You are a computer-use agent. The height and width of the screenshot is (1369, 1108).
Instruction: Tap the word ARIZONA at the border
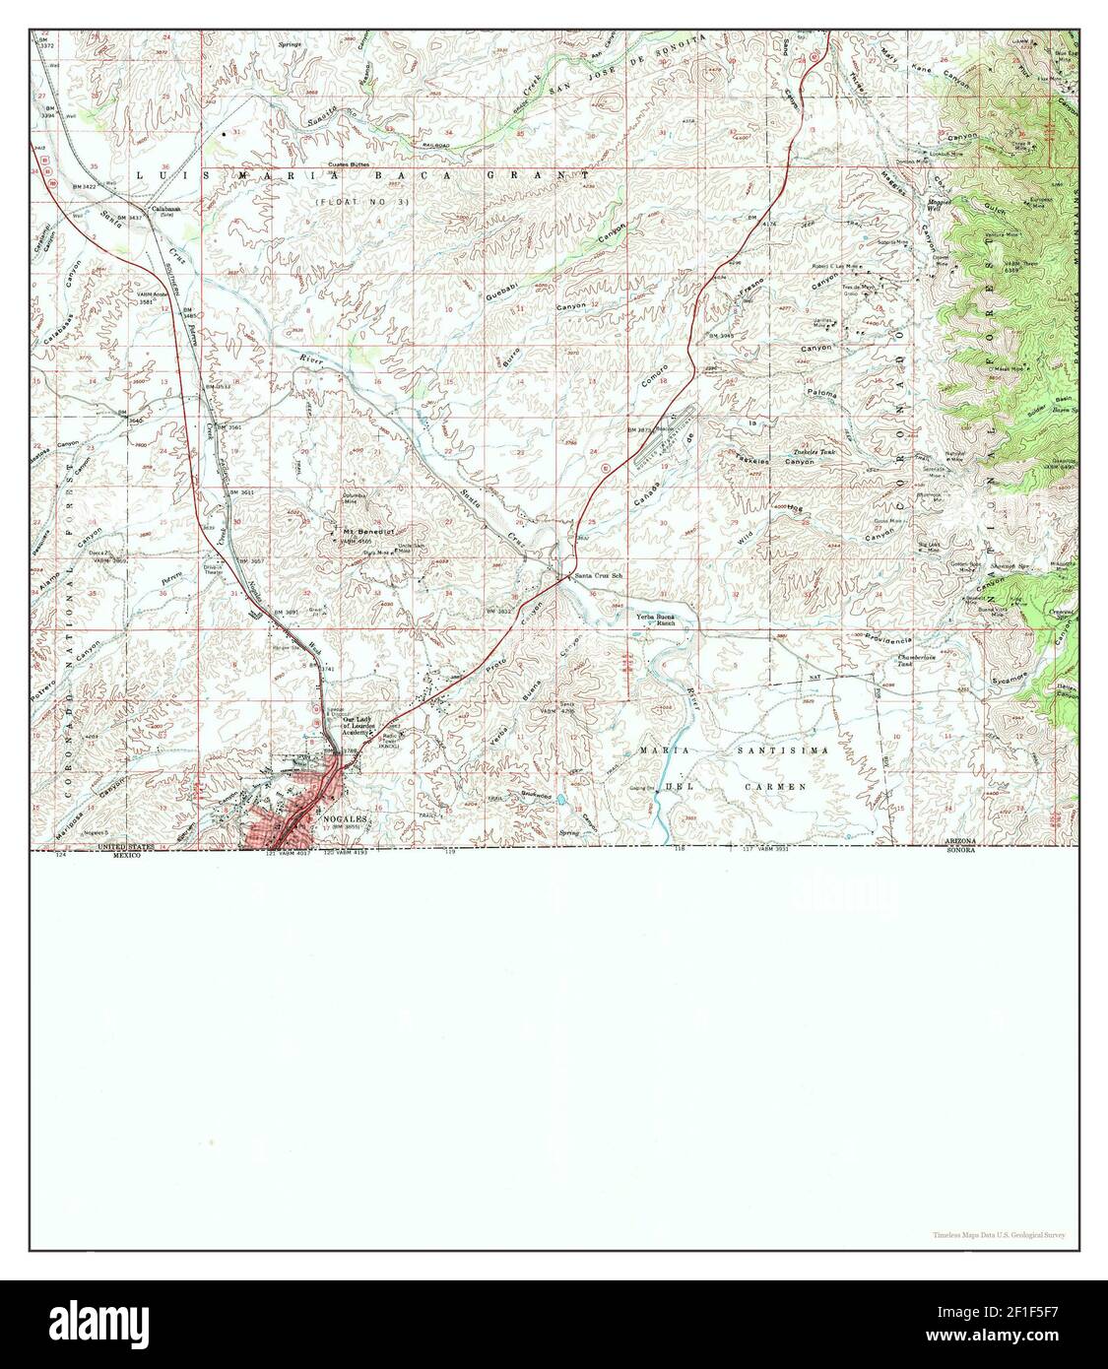coord(959,841)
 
